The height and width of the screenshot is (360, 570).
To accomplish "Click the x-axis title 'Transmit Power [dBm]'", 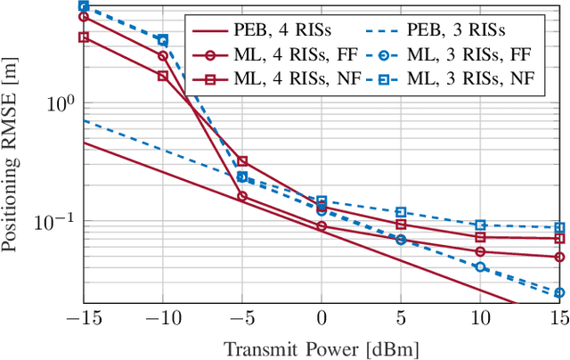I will (x=322, y=348).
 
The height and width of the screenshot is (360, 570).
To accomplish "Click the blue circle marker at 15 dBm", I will (x=559, y=292).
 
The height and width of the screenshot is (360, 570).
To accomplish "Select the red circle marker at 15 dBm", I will (x=559, y=257).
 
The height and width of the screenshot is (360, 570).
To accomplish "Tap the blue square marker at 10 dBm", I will (x=480, y=225).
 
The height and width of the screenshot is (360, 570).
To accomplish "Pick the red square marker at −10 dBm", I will (x=163, y=76).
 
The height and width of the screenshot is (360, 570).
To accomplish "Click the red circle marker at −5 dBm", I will (x=242, y=196).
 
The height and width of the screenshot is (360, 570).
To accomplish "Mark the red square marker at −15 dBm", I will (x=84, y=37).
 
